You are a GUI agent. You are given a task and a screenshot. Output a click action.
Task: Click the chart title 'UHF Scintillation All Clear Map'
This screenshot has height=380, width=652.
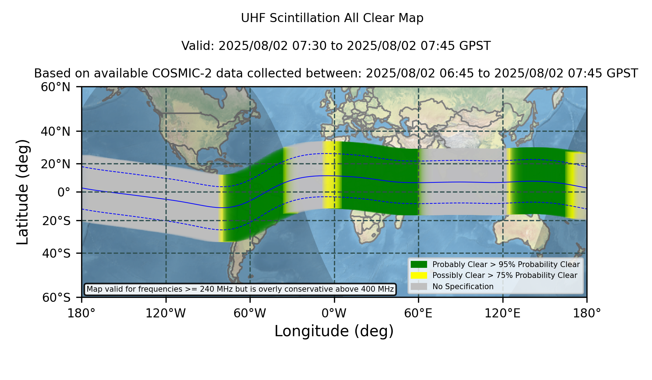pyautogui.click(x=332, y=18)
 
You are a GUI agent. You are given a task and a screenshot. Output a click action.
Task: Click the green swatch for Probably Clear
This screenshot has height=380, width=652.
pyautogui.click(x=419, y=265)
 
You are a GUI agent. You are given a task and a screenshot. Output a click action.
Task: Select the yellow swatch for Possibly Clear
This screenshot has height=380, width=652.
pyautogui.click(x=419, y=275)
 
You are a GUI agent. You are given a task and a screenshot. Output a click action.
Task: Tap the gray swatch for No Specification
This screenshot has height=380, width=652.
pyautogui.click(x=419, y=287)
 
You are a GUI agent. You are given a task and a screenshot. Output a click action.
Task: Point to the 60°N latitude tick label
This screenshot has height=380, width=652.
pyautogui.click(x=56, y=87)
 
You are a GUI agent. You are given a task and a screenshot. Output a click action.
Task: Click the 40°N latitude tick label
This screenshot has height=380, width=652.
pyautogui.click(x=56, y=131)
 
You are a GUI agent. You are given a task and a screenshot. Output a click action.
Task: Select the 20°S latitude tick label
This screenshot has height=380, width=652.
pyautogui.click(x=57, y=220)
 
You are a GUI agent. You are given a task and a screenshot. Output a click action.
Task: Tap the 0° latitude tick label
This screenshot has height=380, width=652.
pyautogui.click(x=64, y=192)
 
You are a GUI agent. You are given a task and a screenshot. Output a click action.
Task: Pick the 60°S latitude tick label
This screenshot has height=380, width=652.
pyautogui.click(x=57, y=297)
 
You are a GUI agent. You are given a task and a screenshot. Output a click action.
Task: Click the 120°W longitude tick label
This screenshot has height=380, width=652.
pyautogui.click(x=166, y=313)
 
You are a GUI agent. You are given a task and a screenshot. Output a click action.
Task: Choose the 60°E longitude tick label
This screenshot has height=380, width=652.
pyautogui.click(x=418, y=313)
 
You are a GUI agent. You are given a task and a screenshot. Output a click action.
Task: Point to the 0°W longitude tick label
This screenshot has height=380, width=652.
pyautogui.click(x=334, y=313)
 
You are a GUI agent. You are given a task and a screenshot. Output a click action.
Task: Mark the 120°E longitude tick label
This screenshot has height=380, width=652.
pyautogui.click(x=503, y=313)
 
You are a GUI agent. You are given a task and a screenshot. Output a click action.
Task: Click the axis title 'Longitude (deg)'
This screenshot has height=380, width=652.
pyautogui.click(x=334, y=331)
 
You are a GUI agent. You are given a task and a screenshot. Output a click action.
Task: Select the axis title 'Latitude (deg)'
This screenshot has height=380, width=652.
pyautogui.click(x=22, y=192)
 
